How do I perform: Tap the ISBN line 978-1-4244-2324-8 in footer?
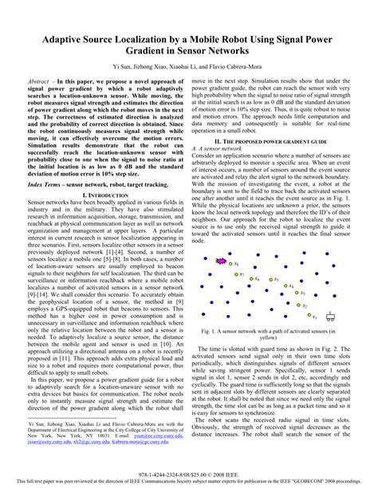188,472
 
